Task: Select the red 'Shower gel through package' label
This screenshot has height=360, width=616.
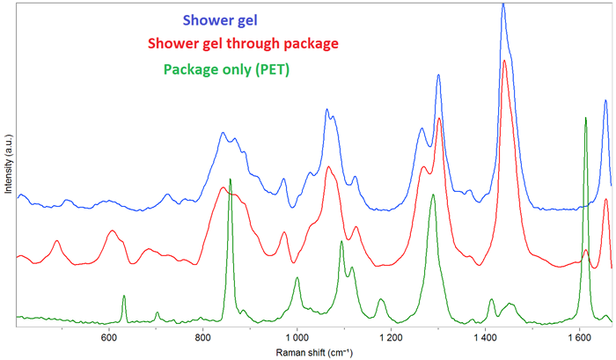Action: [x=243, y=42]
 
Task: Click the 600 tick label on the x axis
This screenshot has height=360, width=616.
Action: [x=109, y=337]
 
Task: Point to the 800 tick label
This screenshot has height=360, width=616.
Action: [x=203, y=337]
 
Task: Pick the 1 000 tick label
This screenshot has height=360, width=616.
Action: [x=297, y=337]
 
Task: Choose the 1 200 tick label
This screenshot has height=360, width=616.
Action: [x=391, y=337]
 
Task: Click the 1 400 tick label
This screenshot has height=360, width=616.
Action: [x=485, y=337]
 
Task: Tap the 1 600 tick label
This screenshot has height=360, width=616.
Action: [x=579, y=337]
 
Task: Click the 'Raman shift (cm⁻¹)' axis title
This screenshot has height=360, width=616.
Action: [x=312, y=351]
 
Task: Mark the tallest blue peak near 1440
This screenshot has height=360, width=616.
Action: [x=502, y=4]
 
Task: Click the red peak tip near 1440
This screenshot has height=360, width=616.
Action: [x=504, y=61]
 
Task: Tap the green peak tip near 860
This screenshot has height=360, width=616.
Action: [x=231, y=180]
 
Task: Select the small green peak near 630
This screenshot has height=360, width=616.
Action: [x=124, y=296]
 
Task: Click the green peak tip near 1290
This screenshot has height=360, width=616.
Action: [x=432, y=195]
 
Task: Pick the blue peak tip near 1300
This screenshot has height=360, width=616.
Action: [x=438, y=75]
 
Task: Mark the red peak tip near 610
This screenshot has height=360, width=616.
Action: [x=112, y=231]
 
